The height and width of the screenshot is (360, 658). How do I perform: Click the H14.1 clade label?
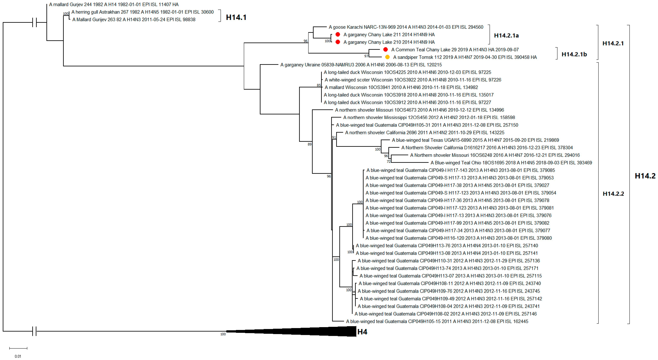[x=236, y=17]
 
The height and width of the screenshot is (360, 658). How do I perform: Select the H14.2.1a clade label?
[x=506, y=35]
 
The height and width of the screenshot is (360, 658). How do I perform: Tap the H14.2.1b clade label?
[x=574, y=54]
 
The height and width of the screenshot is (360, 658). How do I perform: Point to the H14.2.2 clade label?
[x=613, y=194]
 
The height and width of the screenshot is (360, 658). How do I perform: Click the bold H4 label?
[x=362, y=332]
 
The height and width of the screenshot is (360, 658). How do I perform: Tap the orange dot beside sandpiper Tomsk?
[x=387, y=57]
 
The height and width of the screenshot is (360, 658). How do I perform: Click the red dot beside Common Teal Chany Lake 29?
[x=385, y=49]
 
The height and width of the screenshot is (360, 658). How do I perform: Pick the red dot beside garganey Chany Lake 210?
[x=338, y=42]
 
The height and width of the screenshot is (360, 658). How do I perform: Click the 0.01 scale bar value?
[x=18, y=356]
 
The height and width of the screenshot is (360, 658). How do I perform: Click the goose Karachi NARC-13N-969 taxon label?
[x=406, y=27]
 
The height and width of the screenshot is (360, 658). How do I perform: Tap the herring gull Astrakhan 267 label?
[x=142, y=12]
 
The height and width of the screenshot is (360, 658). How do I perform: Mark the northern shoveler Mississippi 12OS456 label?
[x=429, y=117]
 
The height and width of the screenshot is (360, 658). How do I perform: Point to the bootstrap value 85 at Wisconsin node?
[x=319, y=85]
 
